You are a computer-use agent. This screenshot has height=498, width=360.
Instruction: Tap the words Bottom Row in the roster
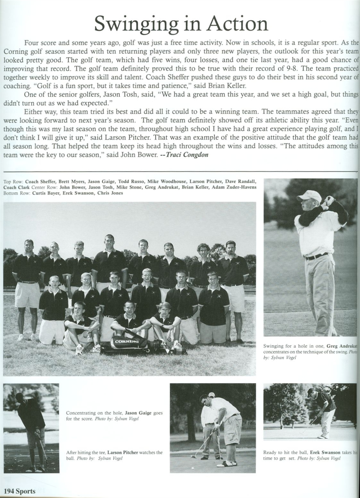pos(16,193)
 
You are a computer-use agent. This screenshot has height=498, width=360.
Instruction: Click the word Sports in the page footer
pos(25,491)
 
